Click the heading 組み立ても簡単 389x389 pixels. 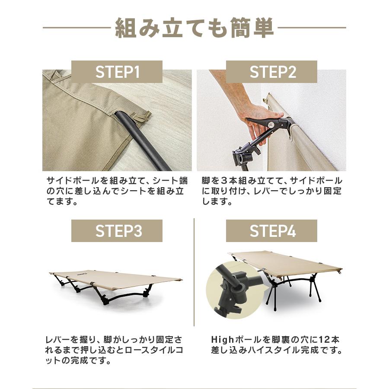[x=194, y=29]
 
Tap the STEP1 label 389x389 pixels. [x=117, y=72]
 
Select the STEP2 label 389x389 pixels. [x=272, y=72]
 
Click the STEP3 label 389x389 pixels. [x=117, y=231]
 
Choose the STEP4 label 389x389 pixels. [x=272, y=231]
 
